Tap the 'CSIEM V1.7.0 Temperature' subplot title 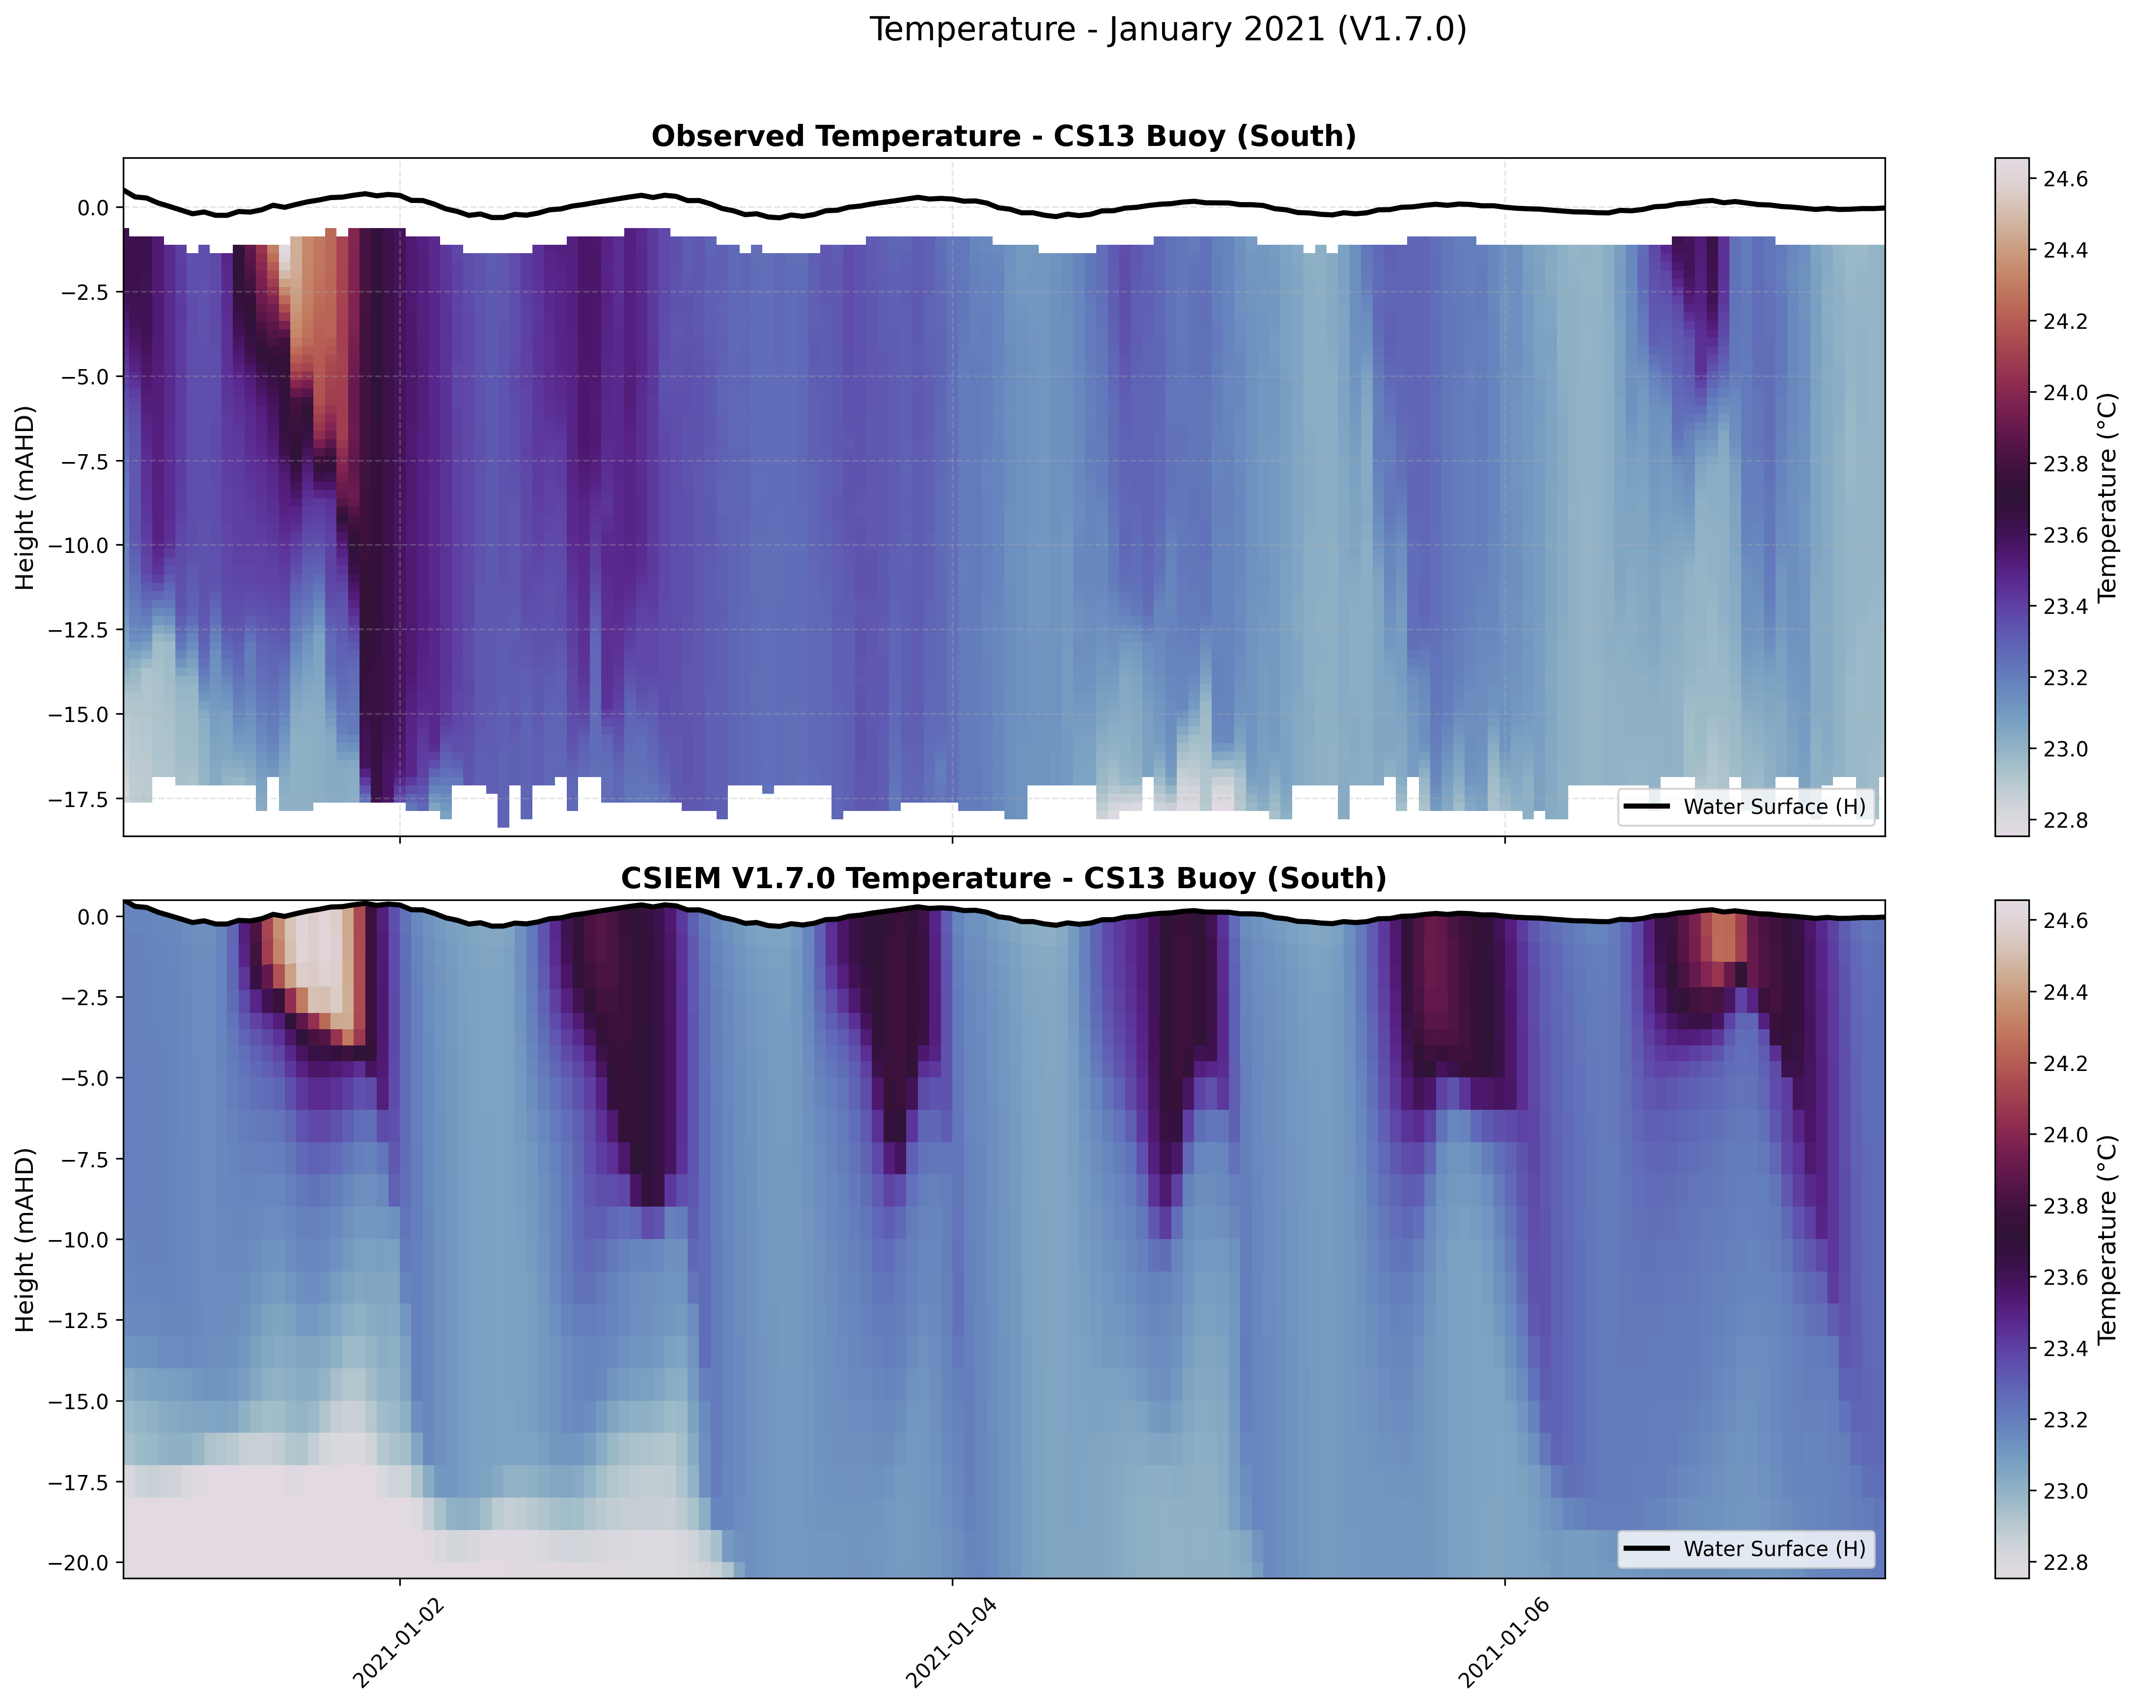tap(1003, 879)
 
